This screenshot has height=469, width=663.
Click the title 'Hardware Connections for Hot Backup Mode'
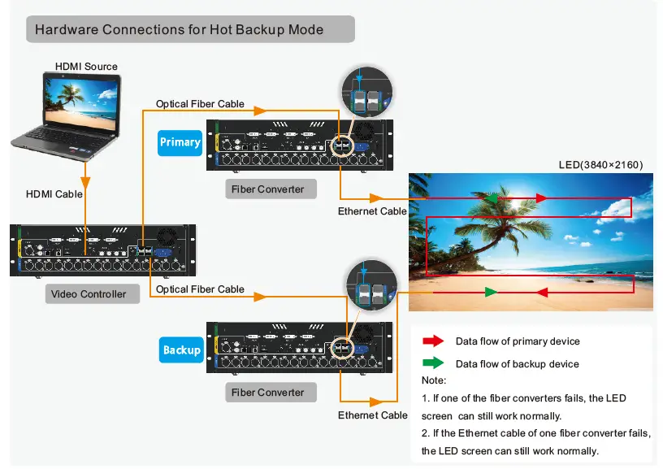(180, 30)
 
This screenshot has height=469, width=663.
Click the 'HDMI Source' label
(86, 67)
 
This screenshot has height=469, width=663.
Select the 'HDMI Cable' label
(54, 194)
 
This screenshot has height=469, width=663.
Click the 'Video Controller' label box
(89, 293)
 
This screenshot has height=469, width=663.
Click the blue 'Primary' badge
(180, 142)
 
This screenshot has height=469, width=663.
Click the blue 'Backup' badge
(180, 350)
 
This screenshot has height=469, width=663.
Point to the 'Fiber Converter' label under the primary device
(267, 189)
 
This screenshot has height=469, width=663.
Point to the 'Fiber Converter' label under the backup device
(267, 393)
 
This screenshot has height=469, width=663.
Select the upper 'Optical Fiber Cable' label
(200, 104)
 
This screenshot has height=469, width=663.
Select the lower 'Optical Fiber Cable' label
(200, 289)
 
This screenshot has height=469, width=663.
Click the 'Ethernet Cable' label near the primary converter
(372, 211)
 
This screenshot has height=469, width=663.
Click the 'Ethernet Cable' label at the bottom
(372, 415)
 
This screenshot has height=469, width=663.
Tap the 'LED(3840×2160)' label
(600, 164)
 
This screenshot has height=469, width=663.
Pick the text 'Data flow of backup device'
(517, 363)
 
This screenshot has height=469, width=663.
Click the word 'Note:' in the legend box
(434, 380)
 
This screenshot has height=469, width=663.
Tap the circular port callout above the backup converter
(369, 284)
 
